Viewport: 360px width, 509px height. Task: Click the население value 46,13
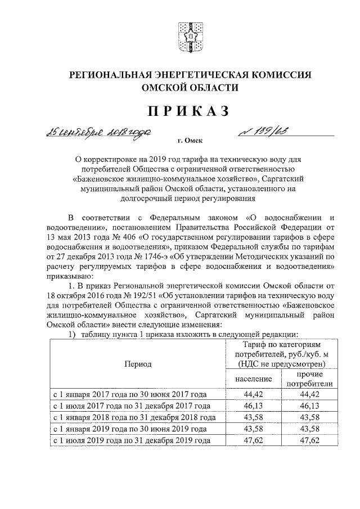pos(253,406)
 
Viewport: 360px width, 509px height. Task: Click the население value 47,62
pos(253,441)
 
